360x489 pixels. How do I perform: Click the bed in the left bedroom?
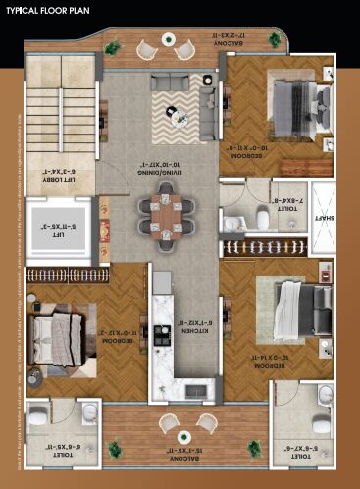pyautogui.click(x=51, y=328)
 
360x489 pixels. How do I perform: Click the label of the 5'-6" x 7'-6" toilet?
pyautogui.click(x=301, y=444)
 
